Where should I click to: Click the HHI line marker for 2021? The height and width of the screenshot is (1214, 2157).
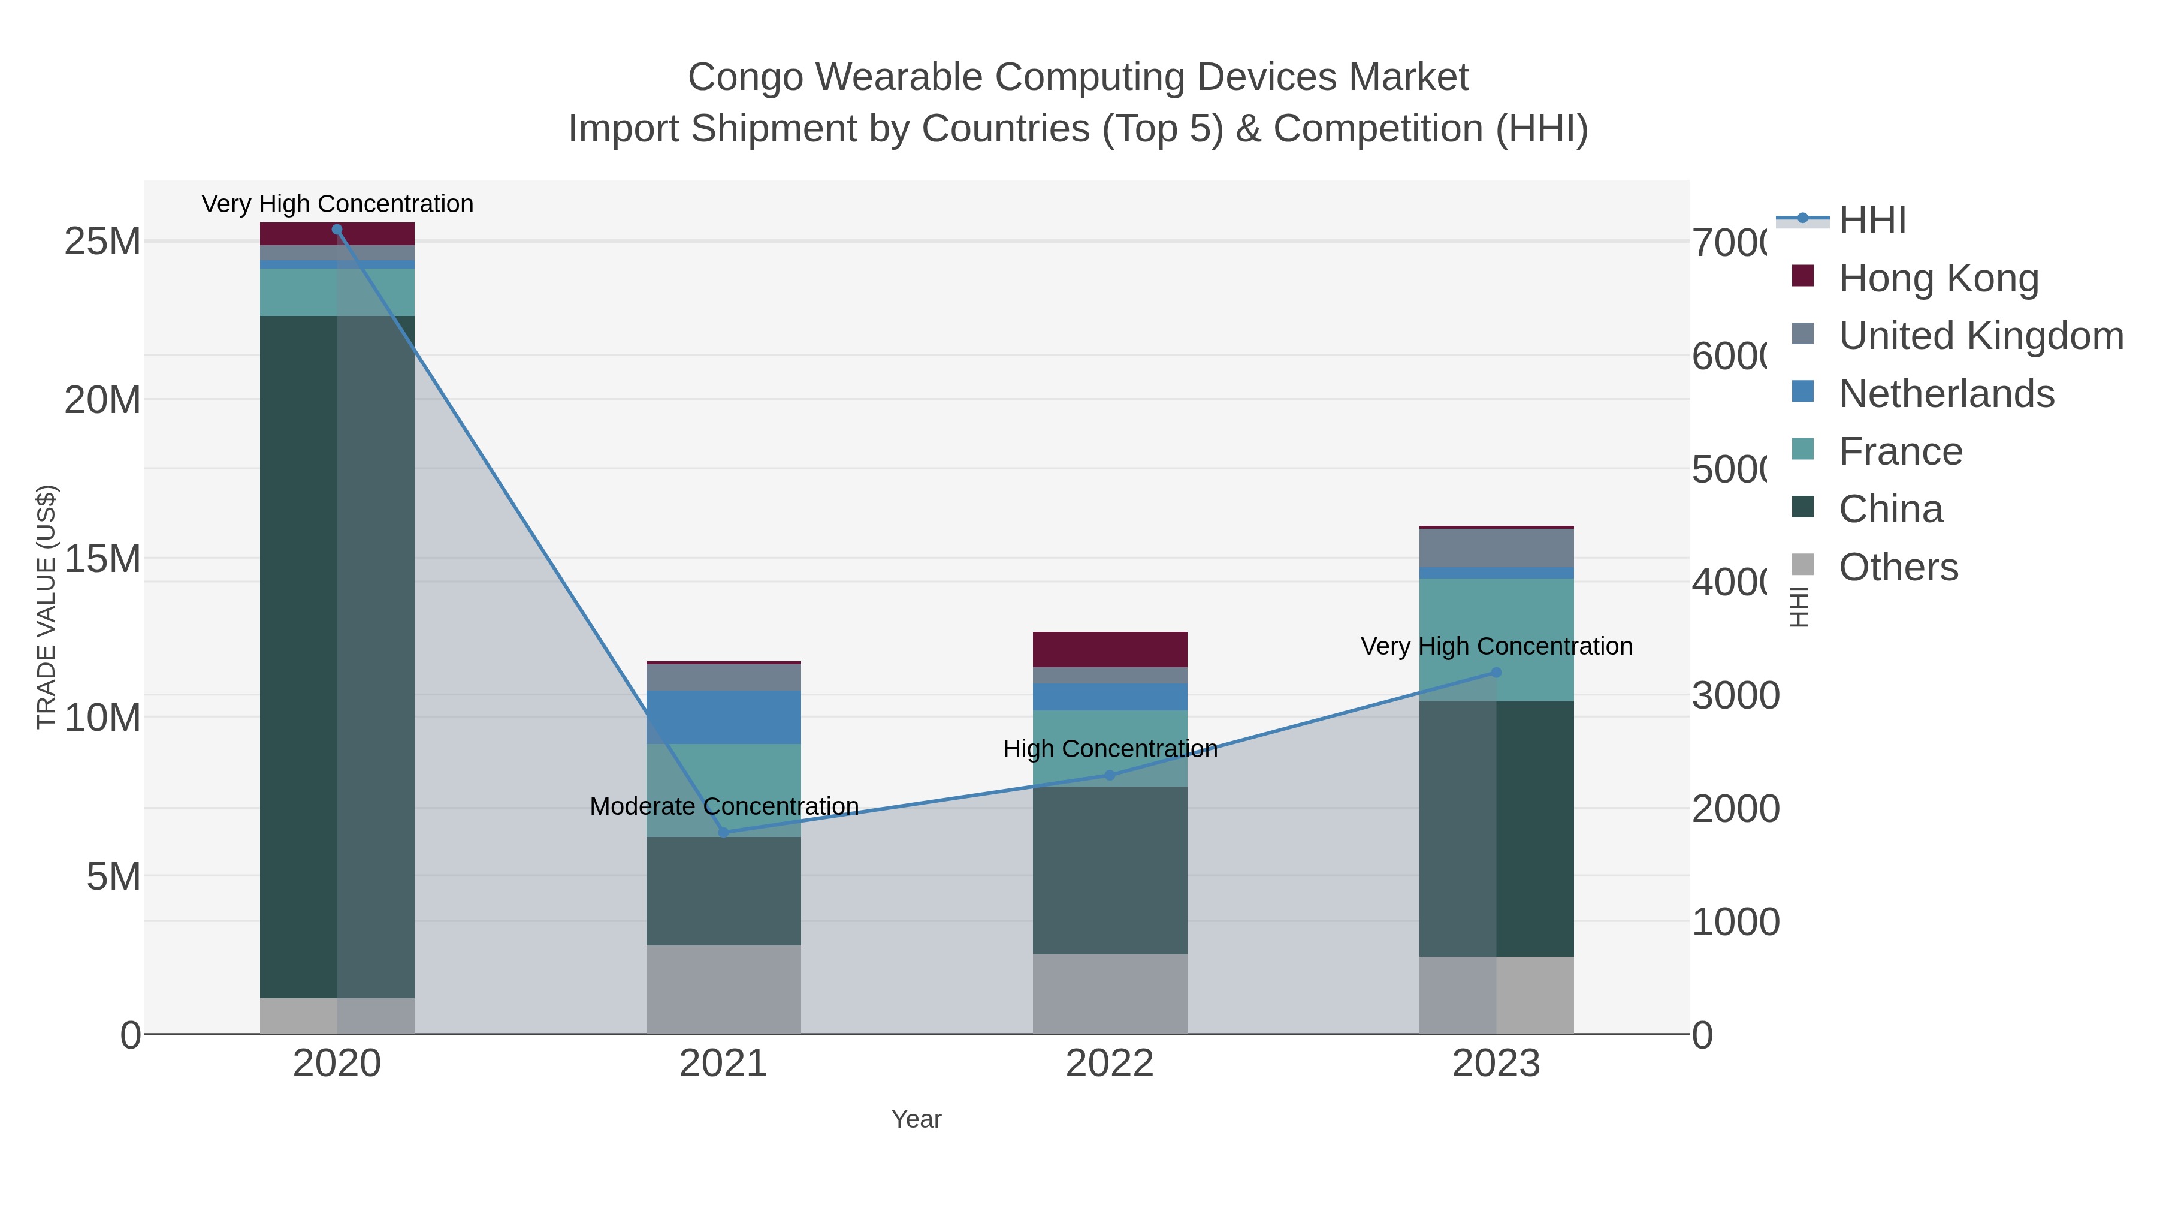723,832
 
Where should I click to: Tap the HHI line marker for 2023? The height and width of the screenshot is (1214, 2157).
1496,672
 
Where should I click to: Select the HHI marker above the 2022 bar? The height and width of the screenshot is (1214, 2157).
1110,775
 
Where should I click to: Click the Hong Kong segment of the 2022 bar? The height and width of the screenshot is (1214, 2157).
1110,649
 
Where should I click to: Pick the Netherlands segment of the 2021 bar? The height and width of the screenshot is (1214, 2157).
723,717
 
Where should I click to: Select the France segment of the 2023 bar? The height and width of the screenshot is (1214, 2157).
1496,639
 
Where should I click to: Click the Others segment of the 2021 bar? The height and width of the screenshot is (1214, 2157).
723,989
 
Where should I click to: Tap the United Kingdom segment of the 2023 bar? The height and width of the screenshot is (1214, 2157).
1496,548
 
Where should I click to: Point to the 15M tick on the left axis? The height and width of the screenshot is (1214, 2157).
102,559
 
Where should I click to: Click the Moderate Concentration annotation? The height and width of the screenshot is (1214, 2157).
723,806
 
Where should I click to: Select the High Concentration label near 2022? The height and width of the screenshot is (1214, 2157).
1110,748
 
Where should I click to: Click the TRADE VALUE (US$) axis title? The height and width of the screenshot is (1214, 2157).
47,607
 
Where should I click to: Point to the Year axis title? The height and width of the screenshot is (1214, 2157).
916,1119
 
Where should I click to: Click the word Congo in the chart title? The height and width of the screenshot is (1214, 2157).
750,77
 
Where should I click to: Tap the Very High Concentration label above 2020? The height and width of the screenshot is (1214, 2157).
337,204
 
